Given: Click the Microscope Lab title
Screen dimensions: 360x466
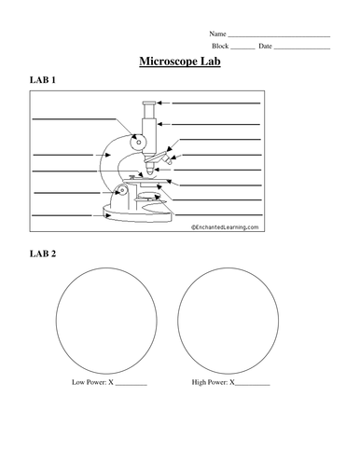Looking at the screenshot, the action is (x=180, y=62).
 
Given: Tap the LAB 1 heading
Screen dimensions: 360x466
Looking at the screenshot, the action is (x=43, y=80).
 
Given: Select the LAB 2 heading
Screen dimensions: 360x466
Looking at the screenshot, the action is (x=43, y=254).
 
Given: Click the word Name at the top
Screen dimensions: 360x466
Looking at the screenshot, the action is (x=217, y=34).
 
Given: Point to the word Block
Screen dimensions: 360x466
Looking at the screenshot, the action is (x=220, y=46).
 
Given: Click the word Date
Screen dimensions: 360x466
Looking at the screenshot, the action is (x=265, y=46).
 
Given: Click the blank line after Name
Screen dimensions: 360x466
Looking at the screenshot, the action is (x=279, y=36).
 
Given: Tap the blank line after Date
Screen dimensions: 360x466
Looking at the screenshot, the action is (x=302, y=48).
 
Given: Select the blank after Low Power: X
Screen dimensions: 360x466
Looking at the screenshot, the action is (x=131, y=385).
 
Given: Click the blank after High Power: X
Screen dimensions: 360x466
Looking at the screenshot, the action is (x=253, y=385).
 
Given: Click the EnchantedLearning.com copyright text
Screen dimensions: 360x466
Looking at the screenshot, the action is (x=225, y=227).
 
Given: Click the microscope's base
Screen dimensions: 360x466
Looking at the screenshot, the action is (x=137, y=214).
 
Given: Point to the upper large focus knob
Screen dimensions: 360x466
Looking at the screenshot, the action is (x=137, y=143).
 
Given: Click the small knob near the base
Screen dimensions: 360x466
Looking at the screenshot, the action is (x=121, y=189).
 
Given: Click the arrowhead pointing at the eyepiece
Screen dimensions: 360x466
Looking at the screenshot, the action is (x=159, y=103).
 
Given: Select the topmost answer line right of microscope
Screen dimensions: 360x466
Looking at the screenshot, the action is (x=216, y=103).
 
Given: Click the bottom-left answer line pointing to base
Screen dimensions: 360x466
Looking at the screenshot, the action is (x=62, y=215).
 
